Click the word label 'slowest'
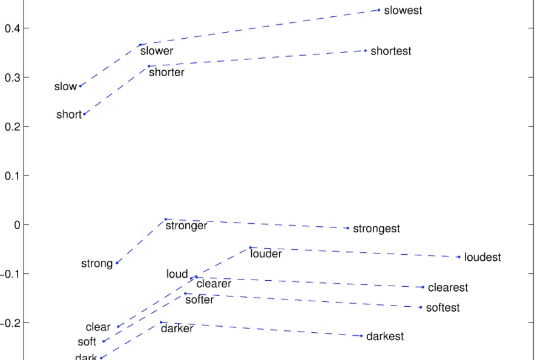pyautogui.click(x=403, y=11)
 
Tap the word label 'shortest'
pyautogui.click(x=390, y=51)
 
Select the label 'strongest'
pyautogui.click(x=376, y=229)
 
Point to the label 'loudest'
pyautogui.click(x=482, y=258)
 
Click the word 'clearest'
pyautogui.click(x=448, y=288)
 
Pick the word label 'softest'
pyautogui.click(x=443, y=308)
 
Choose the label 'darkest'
pyautogui.click(x=384, y=336)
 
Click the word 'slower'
pyautogui.click(x=157, y=51)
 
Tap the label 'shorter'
pyautogui.click(x=166, y=73)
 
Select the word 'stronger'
pyautogui.click(x=186, y=226)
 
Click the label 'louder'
pyautogui.click(x=266, y=254)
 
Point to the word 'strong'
pyautogui.click(x=97, y=264)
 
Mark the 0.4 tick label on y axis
pyautogui.click(x=12, y=28)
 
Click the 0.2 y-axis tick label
pyautogui.click(x=12, y=126)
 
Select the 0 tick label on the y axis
pyautogui.click(x=17, y=224)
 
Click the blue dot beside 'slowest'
pyautogui.click(x=379, y=10)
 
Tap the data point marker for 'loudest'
pyautogui.click(x=459, y=257)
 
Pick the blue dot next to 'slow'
pyautogui.click(x=80, y=86)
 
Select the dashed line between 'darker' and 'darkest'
pyautogui.click(x=261, y=329)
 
